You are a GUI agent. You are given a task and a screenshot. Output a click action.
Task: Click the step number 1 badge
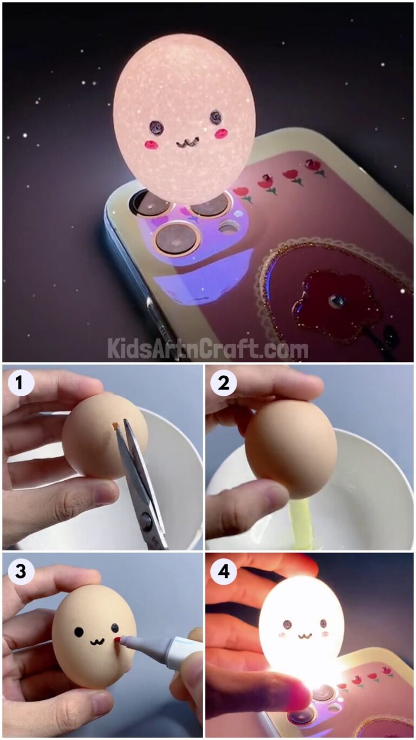pyautogui.click(x=21, y=384)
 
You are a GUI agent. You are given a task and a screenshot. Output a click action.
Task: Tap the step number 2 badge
pyautogui.click(x=223, y=384)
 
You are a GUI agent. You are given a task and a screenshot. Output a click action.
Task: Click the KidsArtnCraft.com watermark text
pyautogui.click(x=207, y=348)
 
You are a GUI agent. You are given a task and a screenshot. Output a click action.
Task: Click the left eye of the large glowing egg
pyautogui.click(x=157, y=127)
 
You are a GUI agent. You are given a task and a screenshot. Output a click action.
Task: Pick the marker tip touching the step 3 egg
pyautogui.click(x=118, y=641)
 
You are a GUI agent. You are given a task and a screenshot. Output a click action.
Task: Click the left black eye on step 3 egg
pyautogui.click(x=79, y=632)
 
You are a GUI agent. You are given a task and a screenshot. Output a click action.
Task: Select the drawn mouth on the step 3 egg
pyautogui.click(x=97, y=642)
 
